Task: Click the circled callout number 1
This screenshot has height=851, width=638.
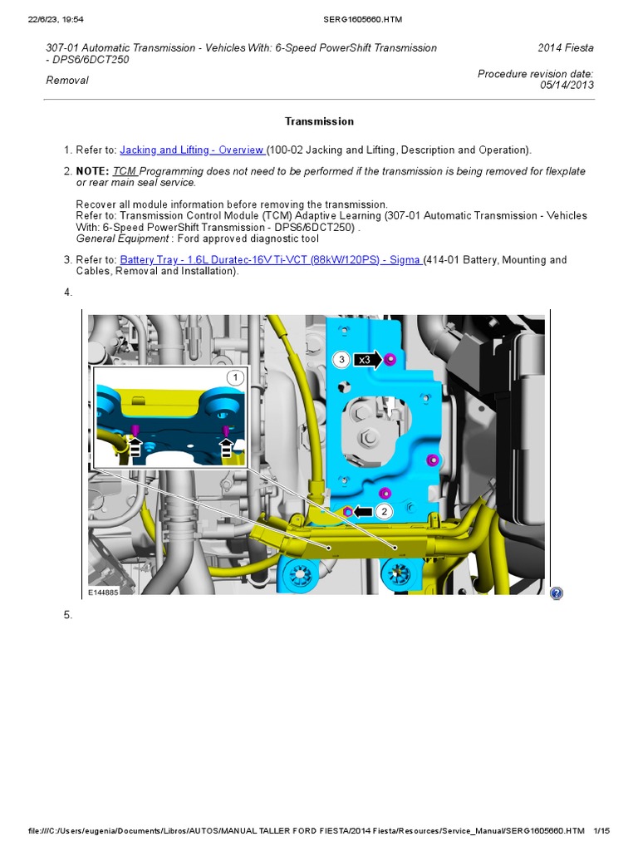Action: (235, 378)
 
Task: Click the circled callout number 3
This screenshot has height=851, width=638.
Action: (341, 360)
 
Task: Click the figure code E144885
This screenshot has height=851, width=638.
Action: (104, 593)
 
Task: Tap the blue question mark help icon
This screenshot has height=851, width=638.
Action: (556, 593)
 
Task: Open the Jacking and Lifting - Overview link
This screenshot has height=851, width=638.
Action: (192, 150)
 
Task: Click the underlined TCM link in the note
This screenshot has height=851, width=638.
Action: (125, 171)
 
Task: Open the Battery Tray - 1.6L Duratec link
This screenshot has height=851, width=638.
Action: (270, 260)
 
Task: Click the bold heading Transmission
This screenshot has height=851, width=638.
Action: (319, 121)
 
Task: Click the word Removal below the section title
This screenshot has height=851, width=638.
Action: (66, 81)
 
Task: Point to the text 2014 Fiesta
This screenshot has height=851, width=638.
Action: (566, 48)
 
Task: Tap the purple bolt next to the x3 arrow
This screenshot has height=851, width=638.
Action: (390, 359)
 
